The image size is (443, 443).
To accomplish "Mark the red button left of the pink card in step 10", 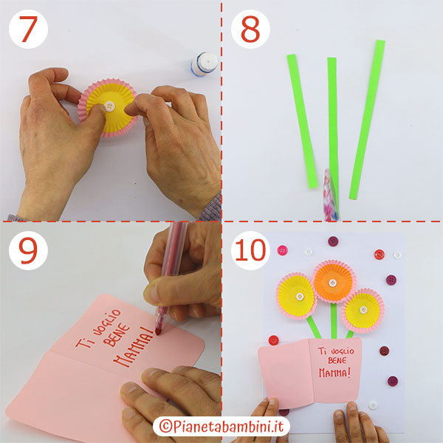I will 274,340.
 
